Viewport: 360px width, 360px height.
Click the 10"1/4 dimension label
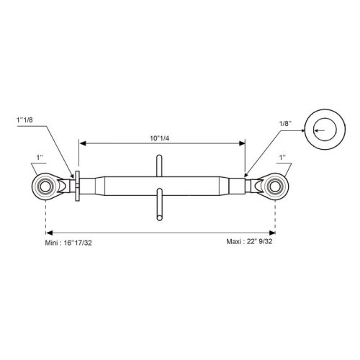[x=160, y=138]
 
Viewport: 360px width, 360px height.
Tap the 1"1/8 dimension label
[x=24, y=120]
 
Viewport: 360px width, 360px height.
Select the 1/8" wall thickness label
[x=285, y=124]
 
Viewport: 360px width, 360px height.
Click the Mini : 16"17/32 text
[x=68, y=243]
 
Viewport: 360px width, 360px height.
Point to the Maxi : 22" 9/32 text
[x=249, y=241]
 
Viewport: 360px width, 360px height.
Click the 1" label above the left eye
[x=40, y=158]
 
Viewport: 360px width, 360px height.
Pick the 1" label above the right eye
[x=282, y=158]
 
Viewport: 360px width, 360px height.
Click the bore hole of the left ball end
[x=45, y=186]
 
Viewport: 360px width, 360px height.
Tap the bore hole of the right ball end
[x=275, y=186]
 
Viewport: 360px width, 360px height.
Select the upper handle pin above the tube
[x=159, y=166]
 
